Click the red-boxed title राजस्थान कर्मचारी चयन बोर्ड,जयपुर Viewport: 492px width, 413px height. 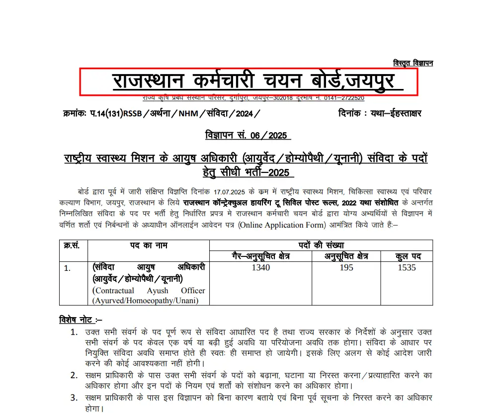pyautogui.click(x=248, y=81)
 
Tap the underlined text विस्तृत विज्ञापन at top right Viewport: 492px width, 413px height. pyautogui.click(x=412, y=63)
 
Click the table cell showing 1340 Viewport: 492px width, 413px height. pyautogui.click(x=260, y=267)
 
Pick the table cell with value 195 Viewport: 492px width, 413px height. pyautogui.click(x=346, y=267)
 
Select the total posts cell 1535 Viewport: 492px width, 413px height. pyautogui.click(x=407, y=267)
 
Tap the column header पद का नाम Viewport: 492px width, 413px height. pyautogui.click(x=149, y=245)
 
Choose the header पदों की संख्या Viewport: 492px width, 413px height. pyautogui.click(x=321, y=245)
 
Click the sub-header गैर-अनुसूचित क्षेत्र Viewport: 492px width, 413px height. pyautogui.click(x=260, y=256)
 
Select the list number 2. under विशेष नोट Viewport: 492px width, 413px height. pyautogui.click(x=74, y=375)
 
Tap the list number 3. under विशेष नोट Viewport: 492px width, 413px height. pyautogui.click(x=74, y=398)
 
